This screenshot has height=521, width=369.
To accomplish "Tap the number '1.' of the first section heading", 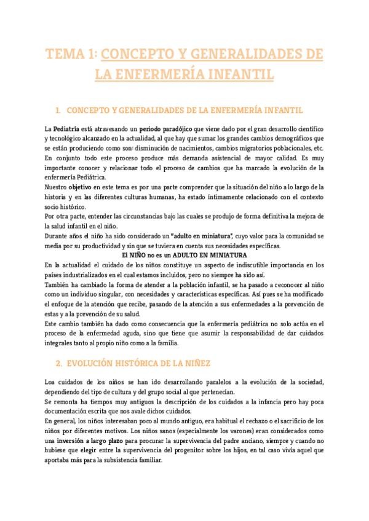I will tap(57, 111).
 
